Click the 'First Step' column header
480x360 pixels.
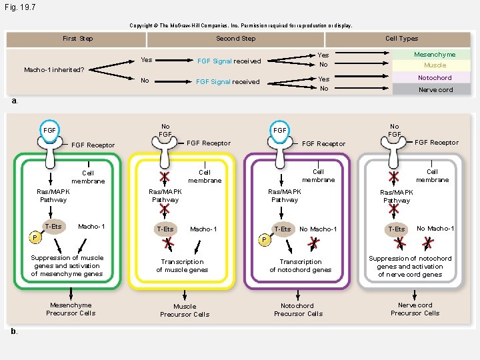tap(77, 39)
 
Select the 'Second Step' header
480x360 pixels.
tap(236, 39)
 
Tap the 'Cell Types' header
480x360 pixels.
tap(401, 39)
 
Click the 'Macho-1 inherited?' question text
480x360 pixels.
tap(54, 70)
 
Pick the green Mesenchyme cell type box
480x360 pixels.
tap(431, 55)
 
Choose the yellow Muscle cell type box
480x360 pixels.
tap(431, 65)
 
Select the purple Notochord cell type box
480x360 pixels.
tap(431, 77)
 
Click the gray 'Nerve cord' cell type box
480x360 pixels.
tap(431, 89)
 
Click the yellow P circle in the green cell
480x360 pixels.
tap(35, 237)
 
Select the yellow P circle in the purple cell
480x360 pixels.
tap(265, 240)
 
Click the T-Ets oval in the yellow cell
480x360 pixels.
tap(165, 229)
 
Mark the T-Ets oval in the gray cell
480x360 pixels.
tap(397, 229)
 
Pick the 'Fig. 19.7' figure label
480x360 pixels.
tap(20, 7)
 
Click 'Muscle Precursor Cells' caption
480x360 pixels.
tap(185, 311)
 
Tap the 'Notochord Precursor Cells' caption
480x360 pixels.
tap(298, 310)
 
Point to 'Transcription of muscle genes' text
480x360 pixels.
tap(182, 266)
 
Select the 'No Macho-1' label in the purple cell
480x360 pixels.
tap(318, 229)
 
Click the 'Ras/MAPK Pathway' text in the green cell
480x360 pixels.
tap(53, 195)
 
